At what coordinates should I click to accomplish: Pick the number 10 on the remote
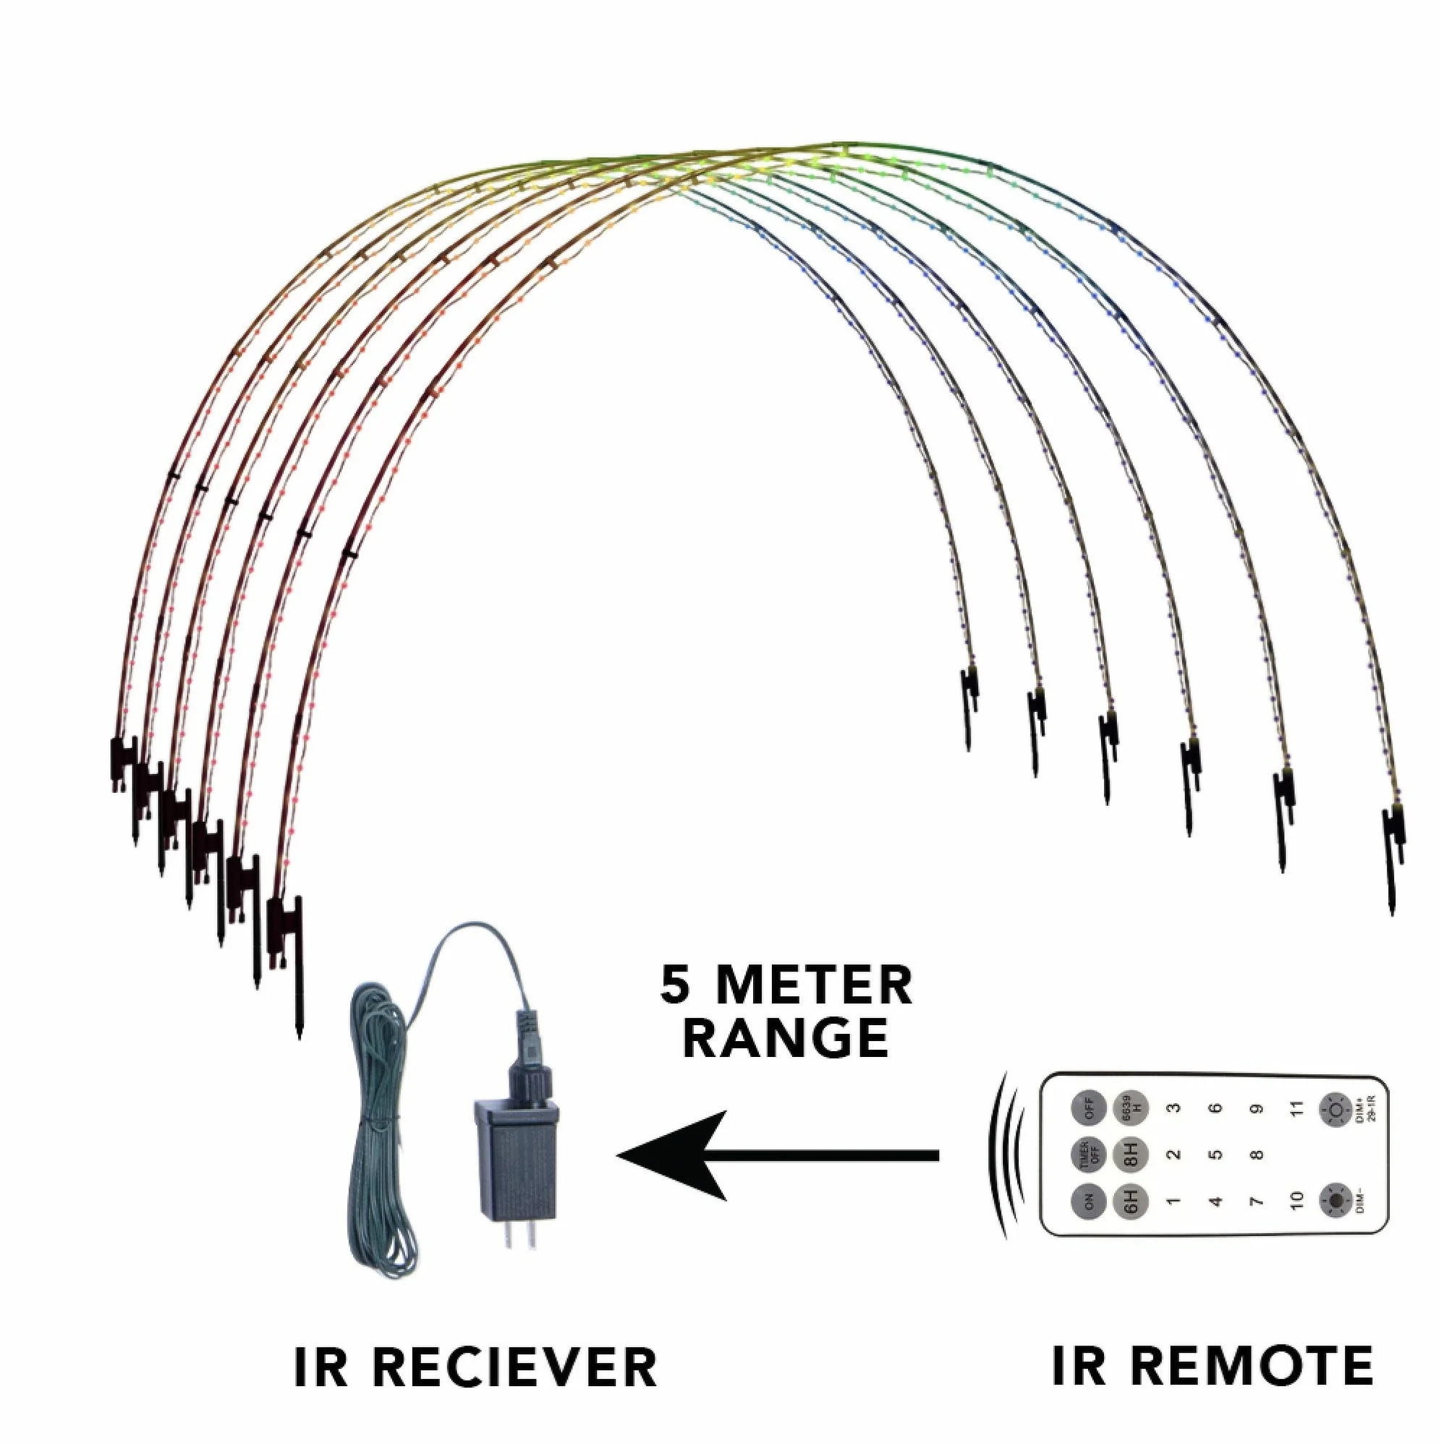click(x=1298, y=1200)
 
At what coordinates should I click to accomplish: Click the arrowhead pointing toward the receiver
click(x=673, y=1155)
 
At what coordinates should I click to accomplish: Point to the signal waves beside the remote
click(x=1002, y=1154)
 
